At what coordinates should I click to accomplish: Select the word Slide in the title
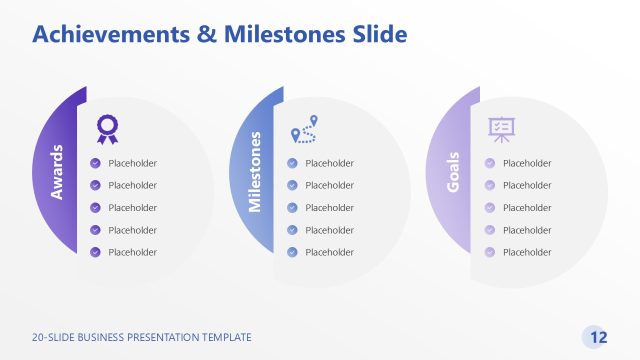[x=379, y=35]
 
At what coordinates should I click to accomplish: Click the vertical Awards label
[x=57, y=171]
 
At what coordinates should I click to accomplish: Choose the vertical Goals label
[x=452, y=172]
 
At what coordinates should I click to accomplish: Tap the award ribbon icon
[x=106, y=128]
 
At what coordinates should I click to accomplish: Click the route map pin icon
[x=304, y=130]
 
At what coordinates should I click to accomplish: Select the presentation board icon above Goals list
[x=501, y=128]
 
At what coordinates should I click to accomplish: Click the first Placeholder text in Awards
[x=133, y=163]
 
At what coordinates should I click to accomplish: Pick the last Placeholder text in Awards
[x=133, y=253]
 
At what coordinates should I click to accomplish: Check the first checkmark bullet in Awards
[x=95, y=163]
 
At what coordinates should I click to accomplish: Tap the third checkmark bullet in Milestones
[x=292, y=208]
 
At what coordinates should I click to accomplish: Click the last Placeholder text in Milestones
[x=330, y=253]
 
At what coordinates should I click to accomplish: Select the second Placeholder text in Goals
[x=527, y=185]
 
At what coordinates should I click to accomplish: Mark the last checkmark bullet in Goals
[x=490, y=253]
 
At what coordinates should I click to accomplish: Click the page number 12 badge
[x=599, y=337]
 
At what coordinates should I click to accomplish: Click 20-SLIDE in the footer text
[x=52, y=338]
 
